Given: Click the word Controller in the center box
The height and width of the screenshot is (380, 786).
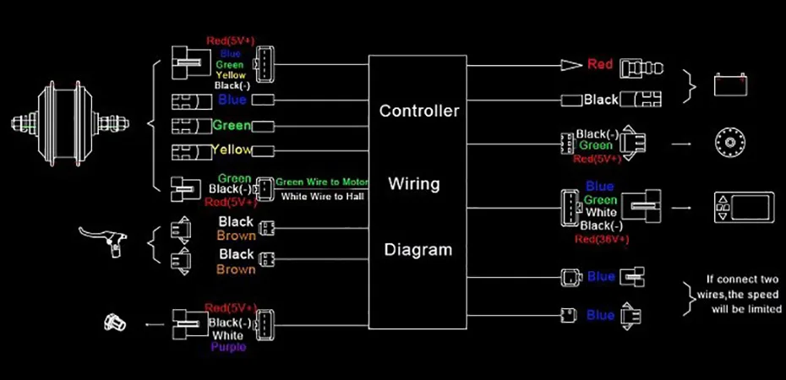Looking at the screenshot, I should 418,111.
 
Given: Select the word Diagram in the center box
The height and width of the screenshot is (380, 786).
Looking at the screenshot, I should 418,250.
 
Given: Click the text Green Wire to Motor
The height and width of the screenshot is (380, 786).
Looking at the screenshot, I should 322,182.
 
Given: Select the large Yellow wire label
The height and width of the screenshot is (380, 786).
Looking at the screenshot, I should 232,149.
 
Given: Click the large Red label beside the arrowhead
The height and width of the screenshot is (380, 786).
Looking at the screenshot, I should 600,64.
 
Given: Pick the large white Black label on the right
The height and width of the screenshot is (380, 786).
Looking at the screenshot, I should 601,100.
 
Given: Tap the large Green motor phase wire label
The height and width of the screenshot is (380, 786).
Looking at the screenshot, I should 232,126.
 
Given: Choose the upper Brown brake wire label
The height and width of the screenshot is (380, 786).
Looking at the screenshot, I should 236,236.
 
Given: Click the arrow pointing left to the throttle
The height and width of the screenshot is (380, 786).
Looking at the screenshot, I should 154,323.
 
